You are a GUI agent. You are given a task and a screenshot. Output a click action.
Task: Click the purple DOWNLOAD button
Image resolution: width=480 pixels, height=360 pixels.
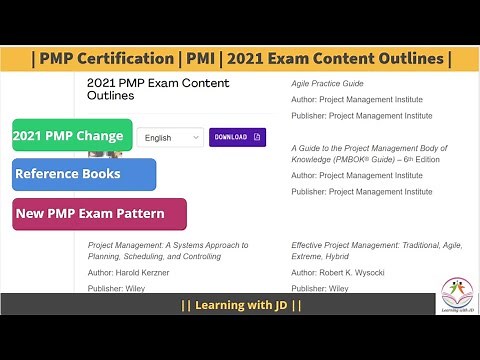[x=237, y=137]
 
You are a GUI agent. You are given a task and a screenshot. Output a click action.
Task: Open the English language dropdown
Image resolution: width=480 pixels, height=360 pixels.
[x=169, y=138]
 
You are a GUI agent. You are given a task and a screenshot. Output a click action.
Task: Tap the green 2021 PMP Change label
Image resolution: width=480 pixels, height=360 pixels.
[x=72, y=135]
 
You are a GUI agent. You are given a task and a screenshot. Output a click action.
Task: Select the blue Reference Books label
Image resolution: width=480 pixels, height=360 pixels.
[x=84, y=174]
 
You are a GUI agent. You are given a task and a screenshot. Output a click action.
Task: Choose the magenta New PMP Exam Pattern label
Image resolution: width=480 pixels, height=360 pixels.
[x=99, y=214]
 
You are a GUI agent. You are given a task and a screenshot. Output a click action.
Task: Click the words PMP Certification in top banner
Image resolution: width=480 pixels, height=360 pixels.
[x=108, y=59]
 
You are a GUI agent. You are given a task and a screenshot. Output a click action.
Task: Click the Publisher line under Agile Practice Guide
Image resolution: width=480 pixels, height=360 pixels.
[x=357, y=116]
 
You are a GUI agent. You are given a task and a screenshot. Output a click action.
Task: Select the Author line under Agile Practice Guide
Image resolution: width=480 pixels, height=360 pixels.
[x=357, y=100]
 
